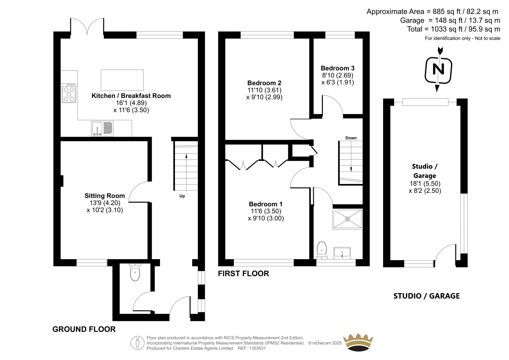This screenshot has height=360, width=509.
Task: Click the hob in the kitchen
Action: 69,93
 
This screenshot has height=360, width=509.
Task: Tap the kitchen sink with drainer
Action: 102,129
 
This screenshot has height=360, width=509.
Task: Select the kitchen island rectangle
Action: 122,80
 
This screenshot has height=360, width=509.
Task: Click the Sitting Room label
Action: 105,195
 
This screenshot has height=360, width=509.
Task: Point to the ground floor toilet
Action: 135,272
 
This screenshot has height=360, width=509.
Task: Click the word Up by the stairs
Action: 182,196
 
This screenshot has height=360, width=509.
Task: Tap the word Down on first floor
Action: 351,138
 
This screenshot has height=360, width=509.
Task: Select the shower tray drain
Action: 347,219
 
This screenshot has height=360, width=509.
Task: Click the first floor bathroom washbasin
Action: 342,253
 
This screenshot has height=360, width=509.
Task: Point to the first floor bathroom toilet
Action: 322,250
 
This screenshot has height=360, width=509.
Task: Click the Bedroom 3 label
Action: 338,68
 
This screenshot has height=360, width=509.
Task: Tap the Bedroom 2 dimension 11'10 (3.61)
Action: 264,90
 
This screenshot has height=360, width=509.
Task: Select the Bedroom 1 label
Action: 265,204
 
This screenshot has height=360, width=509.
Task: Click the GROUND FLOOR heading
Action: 84,329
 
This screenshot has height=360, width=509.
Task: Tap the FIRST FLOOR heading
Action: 243,273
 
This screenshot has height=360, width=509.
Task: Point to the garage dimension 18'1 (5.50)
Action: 425,183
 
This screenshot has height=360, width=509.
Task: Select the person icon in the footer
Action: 137,343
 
